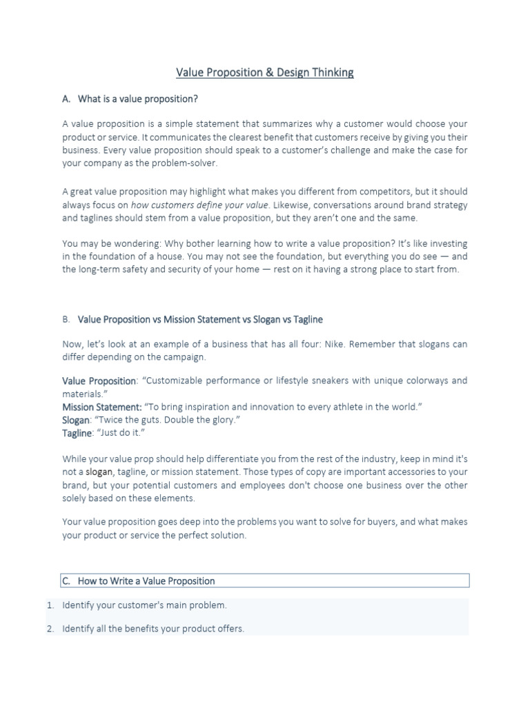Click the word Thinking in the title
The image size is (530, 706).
coord(329,73)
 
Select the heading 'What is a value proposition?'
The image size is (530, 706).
coord(138,99)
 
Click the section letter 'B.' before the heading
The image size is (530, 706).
coord(66,320)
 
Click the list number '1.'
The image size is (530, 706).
coord(50,605)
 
